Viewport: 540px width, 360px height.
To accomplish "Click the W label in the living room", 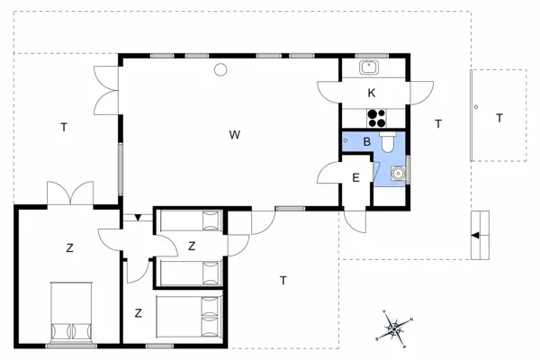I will click(x=234, y=135).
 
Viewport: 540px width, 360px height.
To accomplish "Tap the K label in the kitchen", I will click(x=371, y=94).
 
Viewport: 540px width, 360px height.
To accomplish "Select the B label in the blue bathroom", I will click(x=366, y=141).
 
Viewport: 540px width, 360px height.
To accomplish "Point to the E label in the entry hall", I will click(x=355, y=177).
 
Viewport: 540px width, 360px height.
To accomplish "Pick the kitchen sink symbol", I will click(x=370, y=66).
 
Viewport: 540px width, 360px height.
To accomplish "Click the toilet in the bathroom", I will click(x=388, y=141).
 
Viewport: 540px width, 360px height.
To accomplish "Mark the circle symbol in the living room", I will click(x=220, y=70).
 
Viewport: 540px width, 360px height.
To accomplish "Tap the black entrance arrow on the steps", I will click(x=473, y=235).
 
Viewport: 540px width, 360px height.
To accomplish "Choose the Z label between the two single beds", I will click(x=192, y=245).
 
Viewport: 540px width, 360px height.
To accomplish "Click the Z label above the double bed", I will click(x=69, y=247).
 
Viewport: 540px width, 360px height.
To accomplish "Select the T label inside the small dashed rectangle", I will click(x=499, y=117).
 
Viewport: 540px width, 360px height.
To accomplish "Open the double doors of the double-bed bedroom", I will click(x=70, y=195).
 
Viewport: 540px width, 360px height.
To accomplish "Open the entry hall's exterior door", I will click(x=355, y=220).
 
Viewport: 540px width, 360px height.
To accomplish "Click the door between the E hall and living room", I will click(x=329, y=173).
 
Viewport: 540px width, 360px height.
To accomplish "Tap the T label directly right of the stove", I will click(x=437, y=122).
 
